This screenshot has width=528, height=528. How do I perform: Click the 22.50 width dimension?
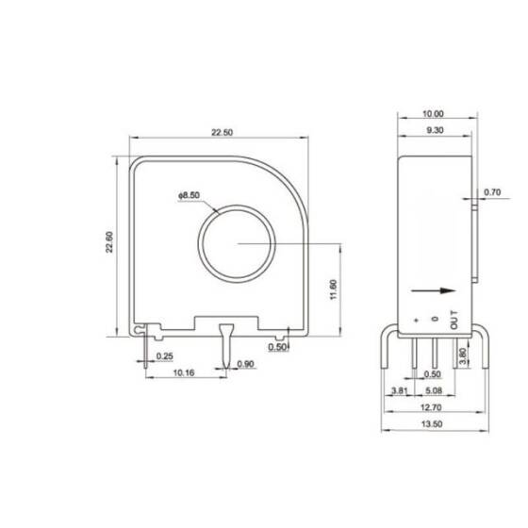[x=223, y=133]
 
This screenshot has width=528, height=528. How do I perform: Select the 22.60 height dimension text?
[x=110, y=243]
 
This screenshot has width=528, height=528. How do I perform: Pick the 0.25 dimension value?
[x=164, y=356]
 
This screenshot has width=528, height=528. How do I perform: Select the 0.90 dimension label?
[x=246, y=364]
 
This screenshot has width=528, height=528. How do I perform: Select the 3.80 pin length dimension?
[x=461, y=358]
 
